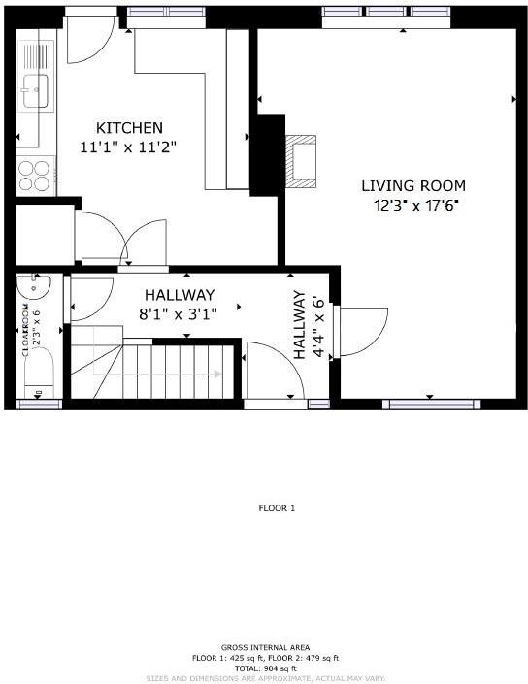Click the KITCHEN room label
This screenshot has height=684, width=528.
129,128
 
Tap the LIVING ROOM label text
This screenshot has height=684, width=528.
413,185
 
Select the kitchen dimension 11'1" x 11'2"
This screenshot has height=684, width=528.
129,147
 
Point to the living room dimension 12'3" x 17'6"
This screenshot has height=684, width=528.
414,205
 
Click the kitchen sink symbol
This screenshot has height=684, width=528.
36,92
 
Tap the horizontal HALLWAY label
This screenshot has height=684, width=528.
180,295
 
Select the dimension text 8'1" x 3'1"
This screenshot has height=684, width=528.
181,313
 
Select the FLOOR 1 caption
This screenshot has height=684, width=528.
277,508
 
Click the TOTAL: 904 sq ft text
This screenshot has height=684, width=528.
265,668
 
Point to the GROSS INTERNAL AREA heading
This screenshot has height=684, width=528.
265,647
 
